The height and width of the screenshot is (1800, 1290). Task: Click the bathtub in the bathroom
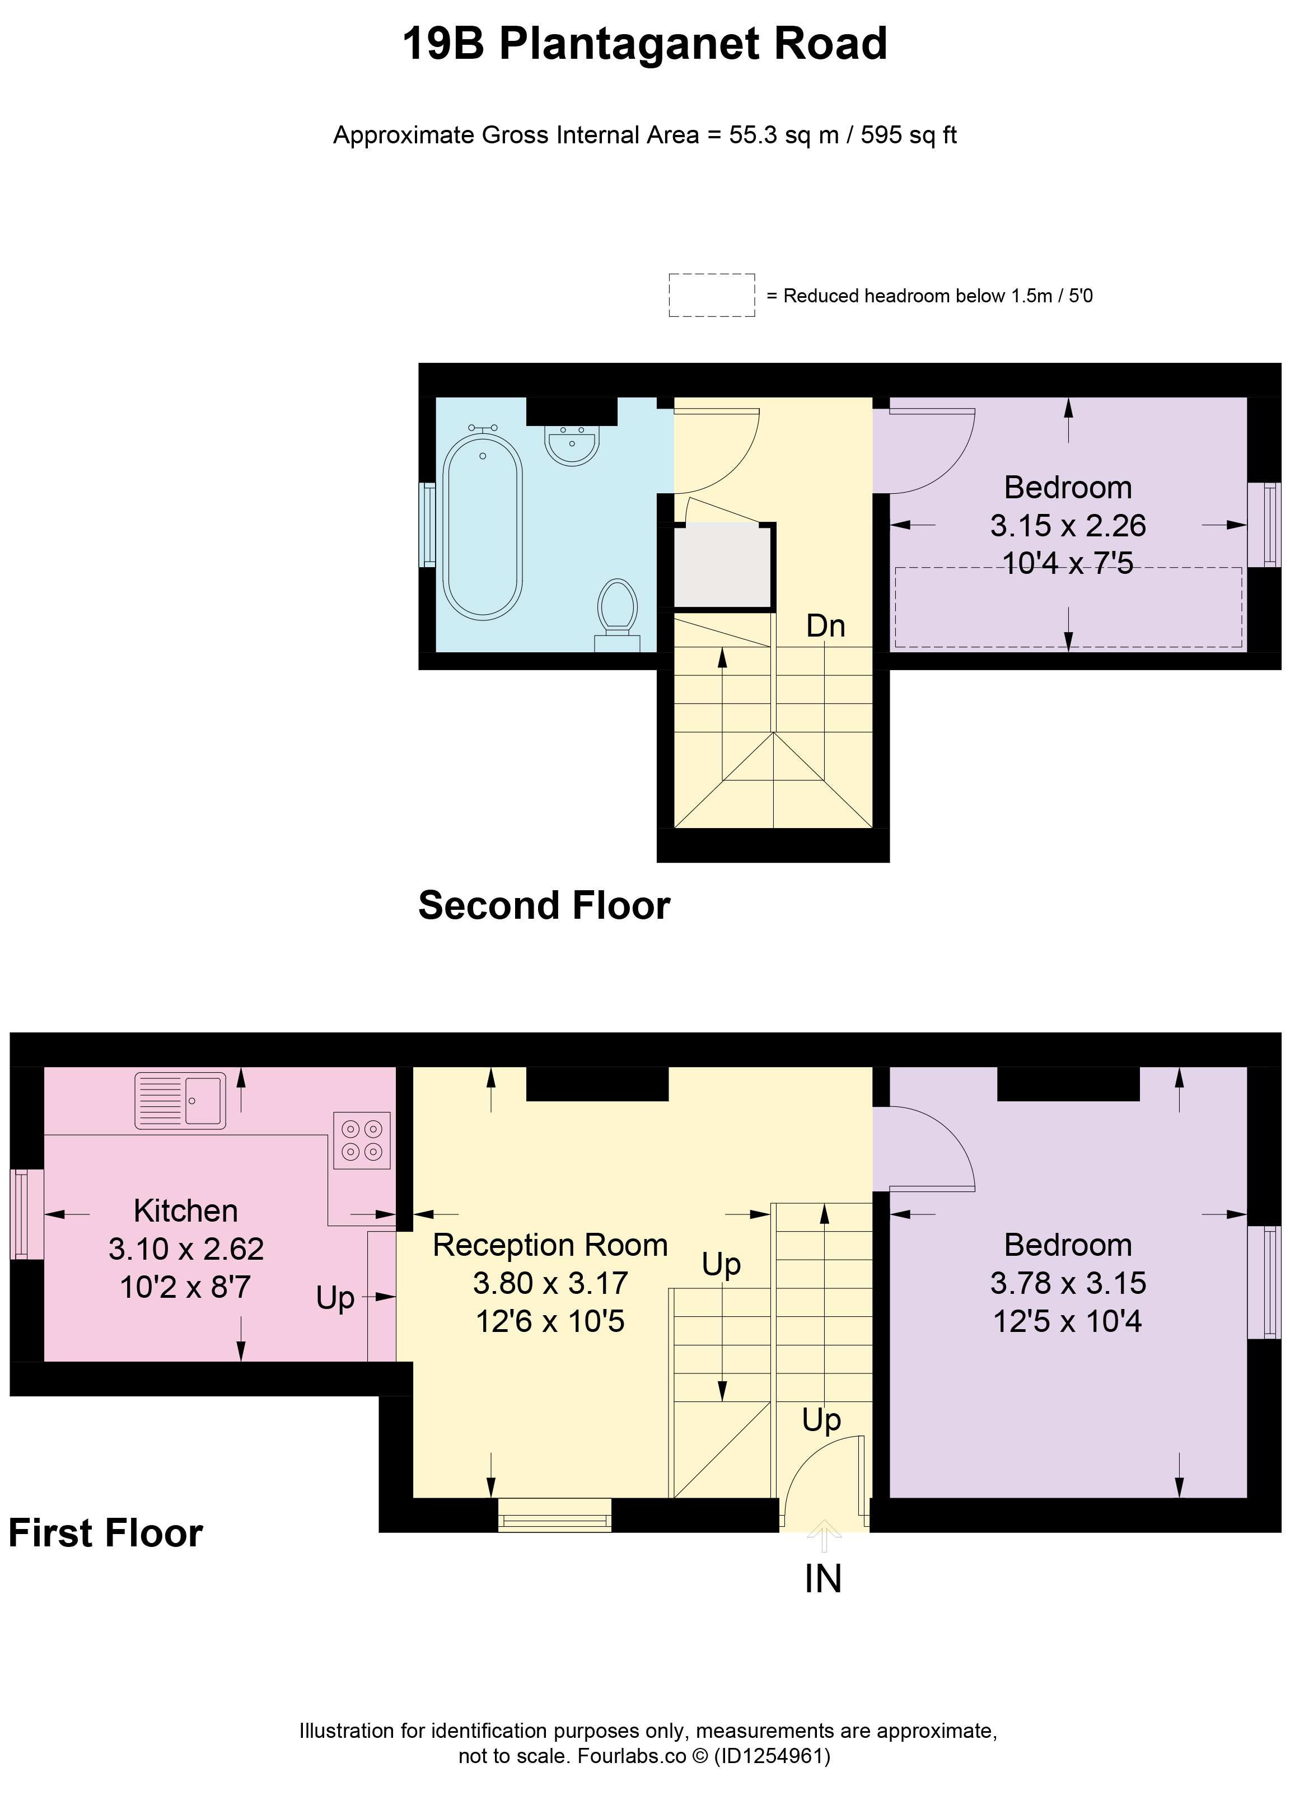pyautogui.click(x=482, y=525)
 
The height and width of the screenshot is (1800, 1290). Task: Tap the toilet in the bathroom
pyautogui.click(x=618, y=615)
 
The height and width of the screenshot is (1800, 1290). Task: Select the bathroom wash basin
pyautogui.click(x=572, y=445)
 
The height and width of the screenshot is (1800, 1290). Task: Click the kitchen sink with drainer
pyautogui.click(x=180, y=1100)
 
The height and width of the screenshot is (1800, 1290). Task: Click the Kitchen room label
pyautogui.click(x=186, y=1210)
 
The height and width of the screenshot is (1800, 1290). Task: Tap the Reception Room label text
pyautogui.click(x=550, y=1245)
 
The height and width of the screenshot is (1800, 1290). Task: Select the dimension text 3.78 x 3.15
pyautogui.click(x=1068, y=1283)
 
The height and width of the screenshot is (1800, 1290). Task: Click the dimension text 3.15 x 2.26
pyautogui.click(x=1068, y=525)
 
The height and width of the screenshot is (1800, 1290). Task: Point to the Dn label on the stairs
pyautogui.click(x=826, y=626)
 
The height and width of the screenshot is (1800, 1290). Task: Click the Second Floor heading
pyautogui.click(x=545, y=905)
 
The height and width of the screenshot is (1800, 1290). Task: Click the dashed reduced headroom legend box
pyautogui.click(x=711, y=295)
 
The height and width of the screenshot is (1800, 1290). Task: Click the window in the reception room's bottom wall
pyautogui.click(x=554, y=1514)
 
